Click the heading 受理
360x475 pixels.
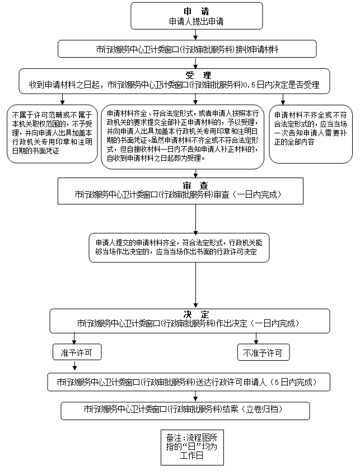[x=195, y=75]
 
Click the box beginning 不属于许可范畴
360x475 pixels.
[x=52, y=134]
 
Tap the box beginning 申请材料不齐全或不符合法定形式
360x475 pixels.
[x=311, y=134]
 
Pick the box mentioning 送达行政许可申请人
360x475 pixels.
[x=189, y=382]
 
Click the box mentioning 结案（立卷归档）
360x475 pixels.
[x=185, y=410]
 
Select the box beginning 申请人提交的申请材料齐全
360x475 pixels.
[x=183, y=247]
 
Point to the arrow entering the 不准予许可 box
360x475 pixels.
[x=256, y=338]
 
